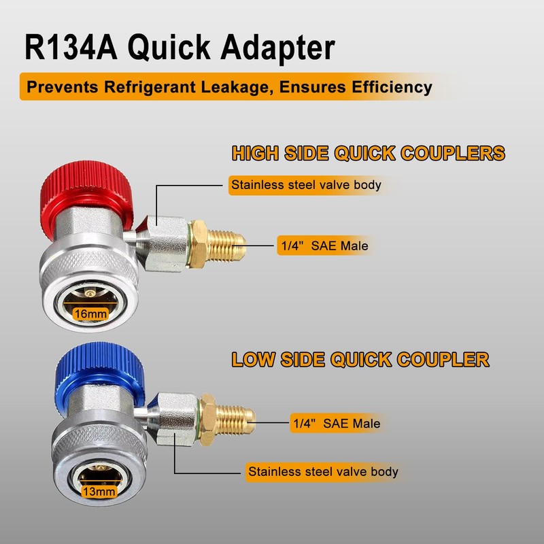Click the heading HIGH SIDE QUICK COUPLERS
pos(368,152)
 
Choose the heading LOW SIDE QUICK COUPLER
pos(361,358)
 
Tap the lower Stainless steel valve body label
pos(323,471)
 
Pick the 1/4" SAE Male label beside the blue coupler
pos(336,423)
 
